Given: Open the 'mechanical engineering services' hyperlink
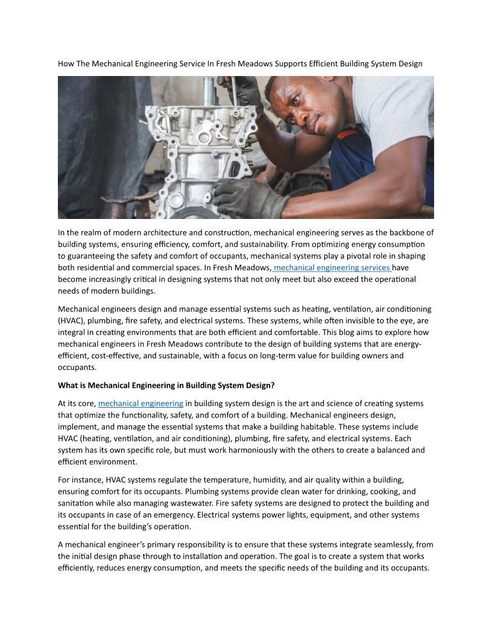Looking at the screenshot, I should [x=332, y=267].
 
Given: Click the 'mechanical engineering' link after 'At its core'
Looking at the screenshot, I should [x=140, y=403].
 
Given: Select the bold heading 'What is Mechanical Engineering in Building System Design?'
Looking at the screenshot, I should [x=166, y=385].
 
